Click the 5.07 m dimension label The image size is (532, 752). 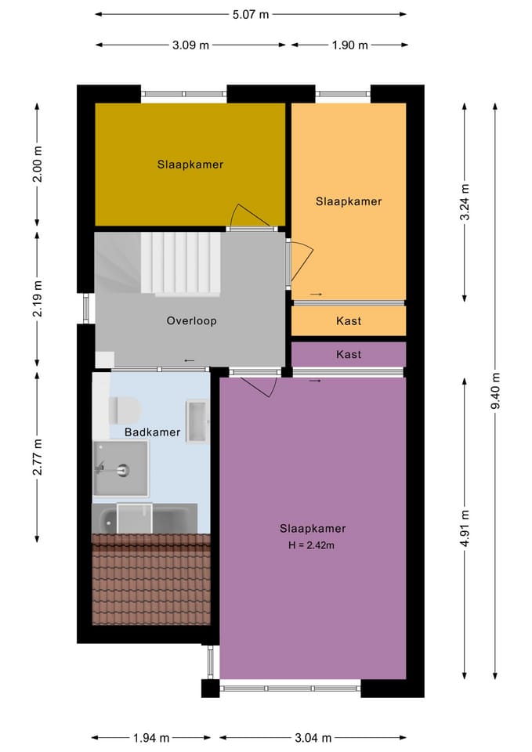point(251,14)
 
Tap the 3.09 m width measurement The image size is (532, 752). point(190,45)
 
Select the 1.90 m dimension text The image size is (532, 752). point(349,45)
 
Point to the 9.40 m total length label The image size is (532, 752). point(495,391)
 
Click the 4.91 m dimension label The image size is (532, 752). point(465,529)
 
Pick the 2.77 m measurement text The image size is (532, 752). point(38,457)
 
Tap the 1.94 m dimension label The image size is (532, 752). point(151,738)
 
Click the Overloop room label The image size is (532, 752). point(191,321)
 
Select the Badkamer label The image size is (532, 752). point(153,432)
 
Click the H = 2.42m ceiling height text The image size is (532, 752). point(311,545)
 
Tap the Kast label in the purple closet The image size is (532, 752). point(349,354)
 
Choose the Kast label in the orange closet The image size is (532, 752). point(349,321)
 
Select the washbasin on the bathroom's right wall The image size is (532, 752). point(197,421)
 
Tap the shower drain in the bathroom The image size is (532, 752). point(123,470)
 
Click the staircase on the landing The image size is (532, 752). point(180,263)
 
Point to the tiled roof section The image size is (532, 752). point(151,580)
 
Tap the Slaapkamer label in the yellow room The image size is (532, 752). point(190,164)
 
